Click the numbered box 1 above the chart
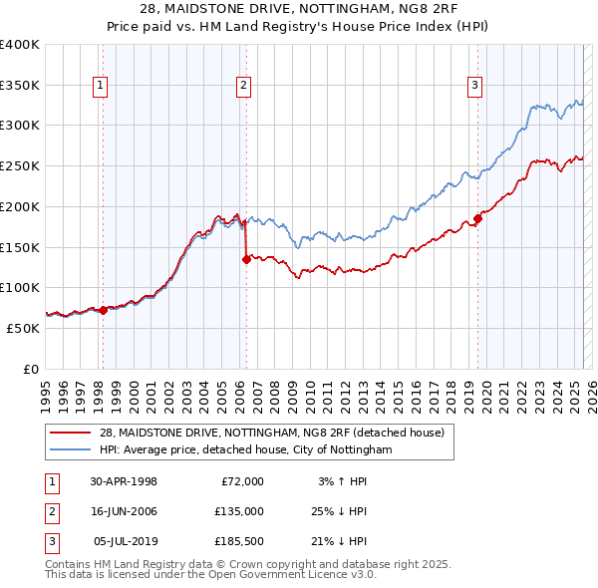tap(102, 87)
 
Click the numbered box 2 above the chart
tap(243, 87)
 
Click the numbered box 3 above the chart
tap(475, 87)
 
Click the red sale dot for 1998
tap(103, 310)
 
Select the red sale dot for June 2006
tap(246, 259)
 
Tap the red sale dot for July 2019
tap(477, 218)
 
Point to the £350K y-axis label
tap(20, 85)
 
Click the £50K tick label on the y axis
tap(24, 328)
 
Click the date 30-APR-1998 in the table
tap(124, 481)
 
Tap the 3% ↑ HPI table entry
tap(343, 481)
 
